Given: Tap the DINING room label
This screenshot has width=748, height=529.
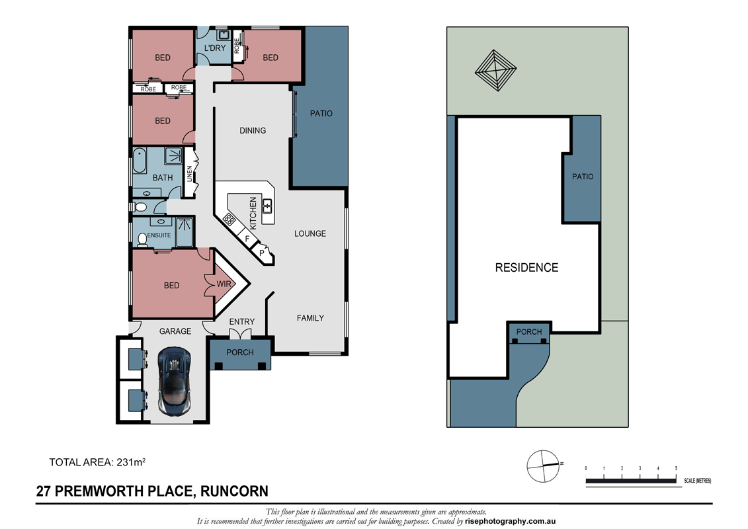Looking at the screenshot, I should (253, 130).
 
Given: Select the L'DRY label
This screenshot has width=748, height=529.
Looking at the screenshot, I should (215, 48).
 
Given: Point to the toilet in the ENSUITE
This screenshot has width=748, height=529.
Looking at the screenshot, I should (141, 238).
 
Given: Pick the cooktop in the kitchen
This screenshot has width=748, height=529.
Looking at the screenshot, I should (230, 219).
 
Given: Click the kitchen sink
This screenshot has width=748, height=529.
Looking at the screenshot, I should (267, 206).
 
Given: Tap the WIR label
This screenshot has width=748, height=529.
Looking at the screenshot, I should (224, 285).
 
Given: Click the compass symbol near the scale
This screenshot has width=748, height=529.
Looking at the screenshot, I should (542, 466).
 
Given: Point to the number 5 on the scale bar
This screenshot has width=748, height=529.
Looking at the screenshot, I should (676, 468).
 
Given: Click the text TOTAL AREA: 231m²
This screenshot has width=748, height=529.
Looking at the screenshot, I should (97, 462).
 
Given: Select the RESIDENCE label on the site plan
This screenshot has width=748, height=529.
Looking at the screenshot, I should (526, 268).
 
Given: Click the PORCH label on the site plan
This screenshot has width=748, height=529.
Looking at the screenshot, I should (528, 332).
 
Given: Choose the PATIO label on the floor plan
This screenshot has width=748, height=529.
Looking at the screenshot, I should (321, 114).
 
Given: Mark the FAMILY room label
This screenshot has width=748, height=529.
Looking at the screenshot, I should (310, 318).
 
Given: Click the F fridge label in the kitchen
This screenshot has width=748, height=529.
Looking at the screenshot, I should (247, 237).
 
